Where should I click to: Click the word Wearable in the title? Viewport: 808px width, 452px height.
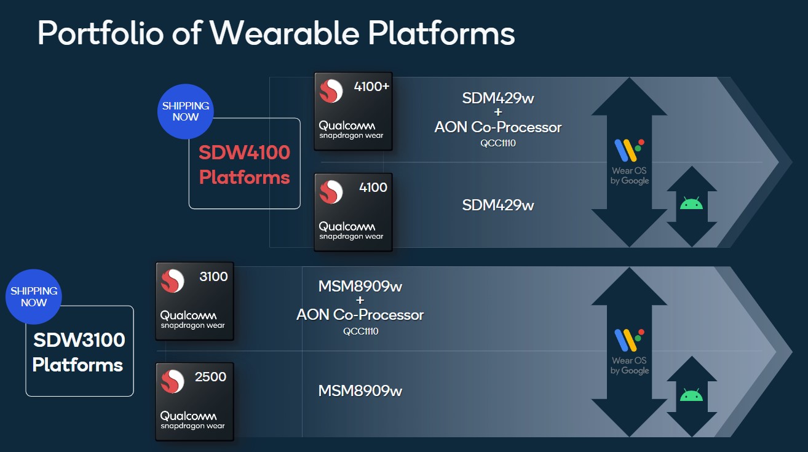(285, 33)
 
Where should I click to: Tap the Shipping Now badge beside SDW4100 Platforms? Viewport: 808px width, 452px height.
(186, 111)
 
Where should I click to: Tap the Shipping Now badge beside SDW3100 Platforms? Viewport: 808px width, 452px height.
(34, 296)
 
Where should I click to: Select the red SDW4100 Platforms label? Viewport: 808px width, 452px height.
(244, 165)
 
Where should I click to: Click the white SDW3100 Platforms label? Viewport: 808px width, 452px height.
(79, 352)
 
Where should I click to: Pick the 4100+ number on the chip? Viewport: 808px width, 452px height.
(371, 87)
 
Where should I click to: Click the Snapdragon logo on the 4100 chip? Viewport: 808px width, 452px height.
(331, 192)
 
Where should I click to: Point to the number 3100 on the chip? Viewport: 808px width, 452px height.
(213, 277)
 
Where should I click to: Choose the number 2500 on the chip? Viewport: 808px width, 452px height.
(210, 377)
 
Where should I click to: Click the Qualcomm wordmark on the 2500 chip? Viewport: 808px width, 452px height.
(188, 416)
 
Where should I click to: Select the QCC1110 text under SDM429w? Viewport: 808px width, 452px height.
(498, 143)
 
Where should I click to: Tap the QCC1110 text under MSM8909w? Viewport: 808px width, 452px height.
(361, 331)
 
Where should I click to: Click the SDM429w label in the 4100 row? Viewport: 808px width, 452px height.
(498, 205)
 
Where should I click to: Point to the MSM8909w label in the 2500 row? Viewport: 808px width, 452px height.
(360, 391)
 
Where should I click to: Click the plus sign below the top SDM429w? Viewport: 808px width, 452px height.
(498, 112)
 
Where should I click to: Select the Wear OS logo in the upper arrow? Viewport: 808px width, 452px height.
(629, 150)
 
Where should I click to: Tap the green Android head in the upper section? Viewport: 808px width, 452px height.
(691, 203)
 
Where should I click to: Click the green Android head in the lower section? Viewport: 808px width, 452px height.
(691, 395)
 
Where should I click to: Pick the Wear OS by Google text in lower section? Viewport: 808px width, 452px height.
(630, 365)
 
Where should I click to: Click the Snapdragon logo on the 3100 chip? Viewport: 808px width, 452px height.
(172, 281)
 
